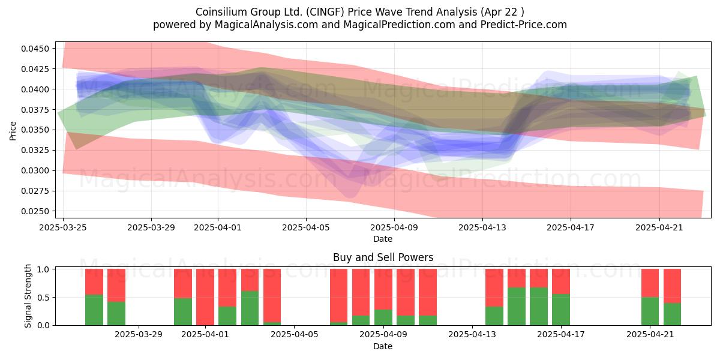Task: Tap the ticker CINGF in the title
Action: (x=325, y=12)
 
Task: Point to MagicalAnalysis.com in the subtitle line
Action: (x=266, y=25)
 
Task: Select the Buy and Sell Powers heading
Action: (x=383, y=257)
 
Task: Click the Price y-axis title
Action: (x=13, y=131)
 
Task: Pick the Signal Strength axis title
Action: (x=28, y=296)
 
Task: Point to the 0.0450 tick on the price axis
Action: (x=35, y=49)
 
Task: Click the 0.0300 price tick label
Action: (x=35, y=170)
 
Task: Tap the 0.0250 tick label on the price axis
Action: (x=35, y=211)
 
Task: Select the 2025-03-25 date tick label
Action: (x=63, y=227)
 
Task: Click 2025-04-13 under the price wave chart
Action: (x=482, y=227)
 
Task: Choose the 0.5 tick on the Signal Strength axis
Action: (x=43, y=298)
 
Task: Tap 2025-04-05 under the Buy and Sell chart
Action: (x=295, y=335)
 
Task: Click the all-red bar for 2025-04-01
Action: (x=205, y=297)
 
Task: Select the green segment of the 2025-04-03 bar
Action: (x=250, y=308)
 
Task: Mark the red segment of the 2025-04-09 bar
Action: (x=383, y=289)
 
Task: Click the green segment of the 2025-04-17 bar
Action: (x=561, y=310)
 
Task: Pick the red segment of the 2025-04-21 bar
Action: (x=650, y=283)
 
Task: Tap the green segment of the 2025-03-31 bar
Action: (x=183, y=311)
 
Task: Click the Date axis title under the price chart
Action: (x=383, y=239)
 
